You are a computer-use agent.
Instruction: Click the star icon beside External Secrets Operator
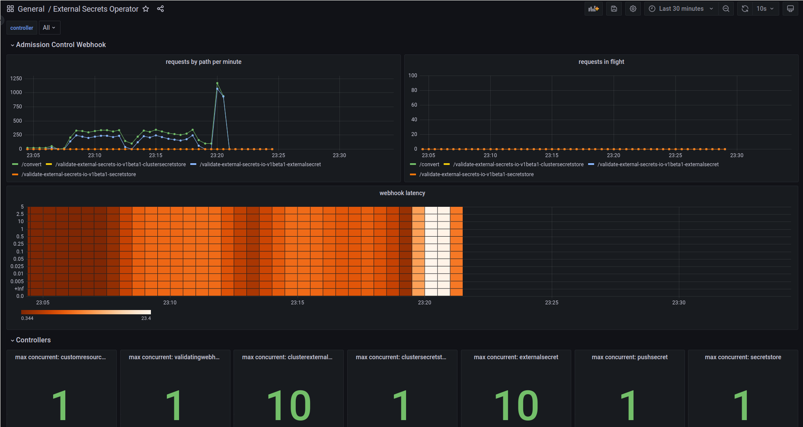click(146, 9)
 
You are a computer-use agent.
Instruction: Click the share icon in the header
click(160, 9)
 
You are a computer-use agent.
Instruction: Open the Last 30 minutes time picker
click(681, 9)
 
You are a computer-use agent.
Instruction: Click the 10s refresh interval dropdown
click(765, 9)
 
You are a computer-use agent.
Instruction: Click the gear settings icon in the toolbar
click(633, 9)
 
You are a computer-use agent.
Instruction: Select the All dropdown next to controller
click(49, 28)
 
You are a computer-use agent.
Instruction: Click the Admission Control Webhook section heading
click(61, 45)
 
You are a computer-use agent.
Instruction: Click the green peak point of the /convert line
click(217, 83)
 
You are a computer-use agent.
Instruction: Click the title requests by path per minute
click(203, 62)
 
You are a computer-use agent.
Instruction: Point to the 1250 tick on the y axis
click(16, 79)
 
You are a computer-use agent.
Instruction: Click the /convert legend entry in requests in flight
click(429, 164)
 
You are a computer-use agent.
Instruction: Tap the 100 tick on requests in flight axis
click(413, 76)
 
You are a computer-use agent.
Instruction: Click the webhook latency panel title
click(402, 193)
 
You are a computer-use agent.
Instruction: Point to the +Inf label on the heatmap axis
click(19, 289)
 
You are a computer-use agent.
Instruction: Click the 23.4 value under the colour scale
click(146, 318)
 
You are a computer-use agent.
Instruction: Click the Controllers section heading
click(33, 340)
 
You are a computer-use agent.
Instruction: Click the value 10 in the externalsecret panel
click(516, 405)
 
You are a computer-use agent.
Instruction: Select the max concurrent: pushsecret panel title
click(630, 357)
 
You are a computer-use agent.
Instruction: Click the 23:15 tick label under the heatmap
click(297, 303)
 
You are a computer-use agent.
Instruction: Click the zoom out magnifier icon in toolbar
click(726, 9)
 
